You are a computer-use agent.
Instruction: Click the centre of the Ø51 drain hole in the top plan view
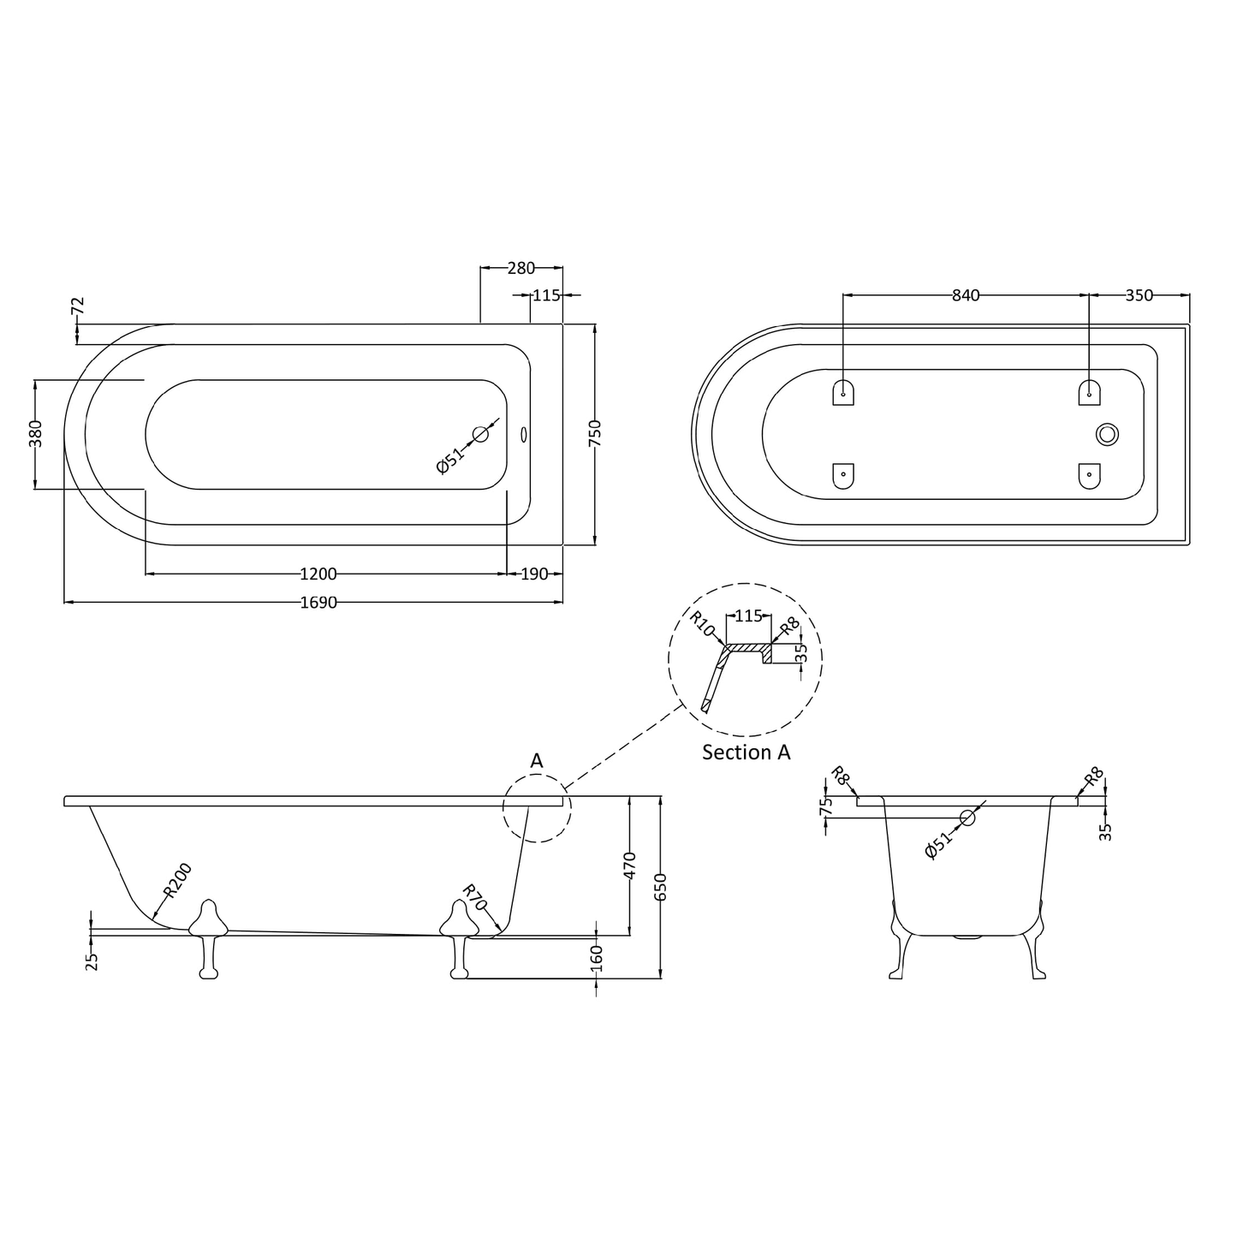coord(480,435)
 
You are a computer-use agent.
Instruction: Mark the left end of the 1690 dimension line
coord(64,602)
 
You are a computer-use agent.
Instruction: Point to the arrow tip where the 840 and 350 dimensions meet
coord(1090,295)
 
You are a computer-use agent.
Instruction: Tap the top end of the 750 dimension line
coord(595,324)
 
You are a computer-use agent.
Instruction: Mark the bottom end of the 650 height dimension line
coord(661,978)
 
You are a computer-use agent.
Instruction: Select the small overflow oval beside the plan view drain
coord(523,435)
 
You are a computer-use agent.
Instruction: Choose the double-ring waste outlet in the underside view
coord(1107,435)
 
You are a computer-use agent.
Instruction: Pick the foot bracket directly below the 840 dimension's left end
coord(843,392)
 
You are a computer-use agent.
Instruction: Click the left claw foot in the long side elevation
coord(208,939)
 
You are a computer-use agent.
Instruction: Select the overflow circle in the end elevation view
coord(966,818)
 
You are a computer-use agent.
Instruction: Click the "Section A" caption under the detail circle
coord(746,752)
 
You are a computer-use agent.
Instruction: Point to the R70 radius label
coord(474,897)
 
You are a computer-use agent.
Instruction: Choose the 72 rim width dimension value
coord(77,306)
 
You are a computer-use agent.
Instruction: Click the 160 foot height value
coord(597,958)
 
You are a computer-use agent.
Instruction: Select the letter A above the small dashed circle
coord(537,761)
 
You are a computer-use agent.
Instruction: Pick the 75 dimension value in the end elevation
coord(827,806)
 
